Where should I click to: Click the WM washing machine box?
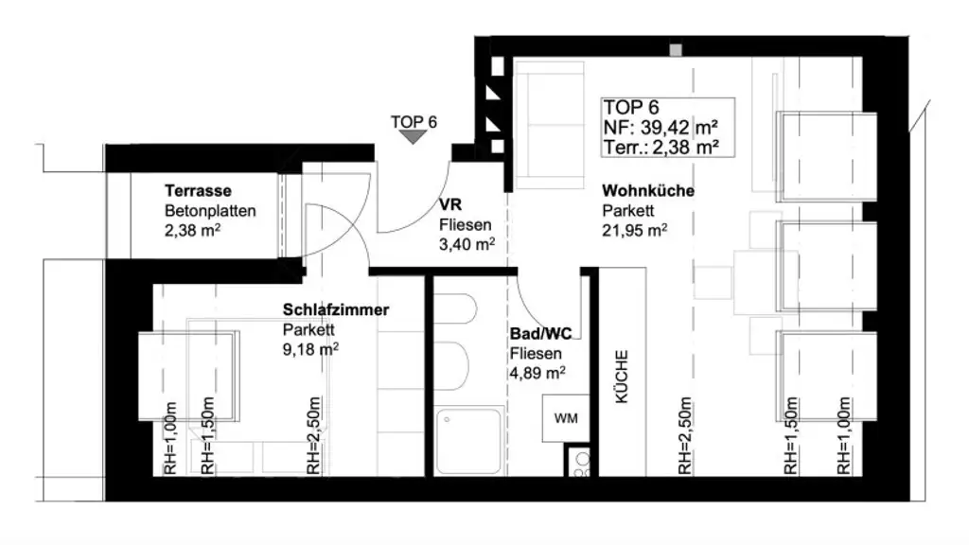564,417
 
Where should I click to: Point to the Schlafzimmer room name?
336,309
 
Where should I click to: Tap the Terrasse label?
198,189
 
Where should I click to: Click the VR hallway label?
449,205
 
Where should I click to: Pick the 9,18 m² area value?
310,348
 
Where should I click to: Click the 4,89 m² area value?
537,373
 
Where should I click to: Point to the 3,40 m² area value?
467,244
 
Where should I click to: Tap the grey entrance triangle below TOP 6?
413,137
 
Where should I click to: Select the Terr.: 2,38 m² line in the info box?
659,147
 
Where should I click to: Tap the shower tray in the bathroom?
470,441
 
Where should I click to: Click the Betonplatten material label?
210,210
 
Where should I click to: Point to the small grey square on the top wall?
675,51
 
